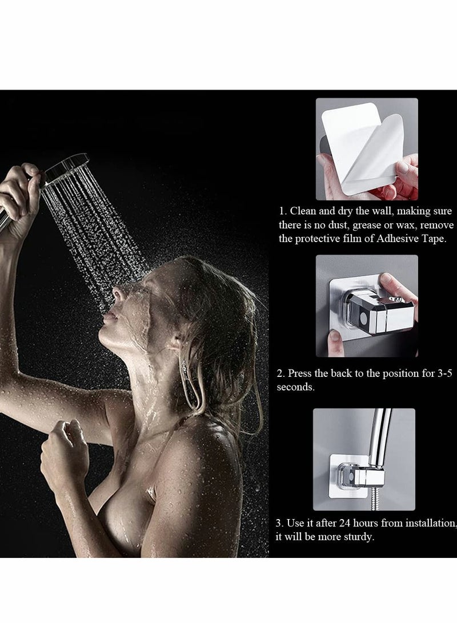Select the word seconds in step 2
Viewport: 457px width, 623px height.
[x=295, y=387]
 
